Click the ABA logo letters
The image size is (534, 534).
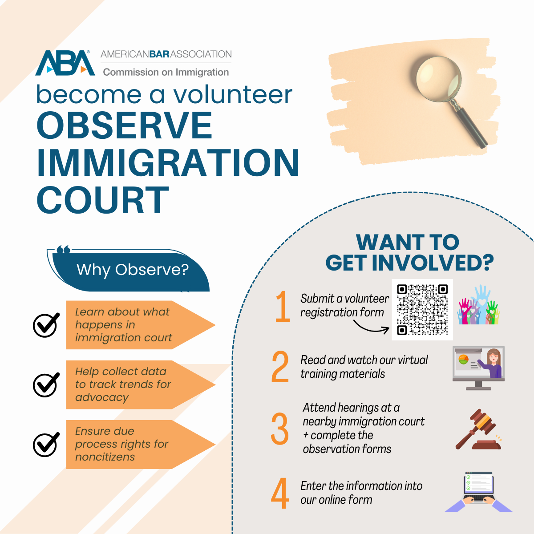[65, 63]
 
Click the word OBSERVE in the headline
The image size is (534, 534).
[125, 125]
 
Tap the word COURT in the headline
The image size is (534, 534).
[103, 200]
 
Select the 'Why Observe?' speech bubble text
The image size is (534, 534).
[133, 269]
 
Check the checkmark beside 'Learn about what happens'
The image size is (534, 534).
[46, 325]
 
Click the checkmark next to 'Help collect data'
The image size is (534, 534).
[46, 384]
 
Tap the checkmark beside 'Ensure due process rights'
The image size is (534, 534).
[46, 444]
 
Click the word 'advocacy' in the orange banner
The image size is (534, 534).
[102, 397]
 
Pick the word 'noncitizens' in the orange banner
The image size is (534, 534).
[105, 457]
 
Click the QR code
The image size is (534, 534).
[422, 310]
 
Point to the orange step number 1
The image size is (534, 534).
[283, 306]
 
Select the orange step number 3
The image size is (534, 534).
[279, 429]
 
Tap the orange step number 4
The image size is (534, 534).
[280, 493]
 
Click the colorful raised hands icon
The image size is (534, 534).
[478, 305]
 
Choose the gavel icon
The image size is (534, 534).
[478, 429]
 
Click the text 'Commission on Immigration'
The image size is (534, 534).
[166, 73]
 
